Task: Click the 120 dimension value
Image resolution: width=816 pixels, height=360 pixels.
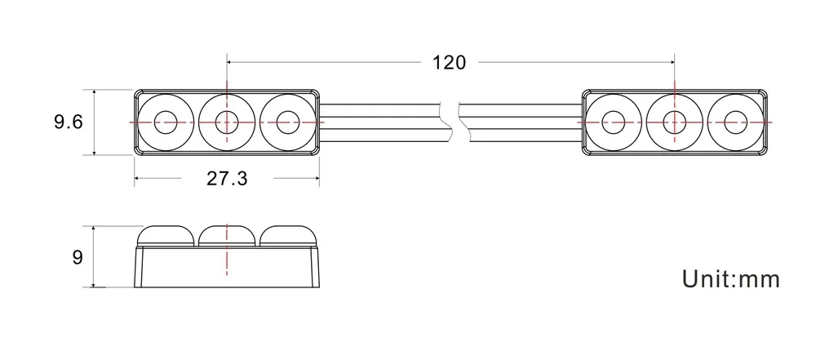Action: pos(450,62)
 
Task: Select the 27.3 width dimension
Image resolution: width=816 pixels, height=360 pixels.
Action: pos(226,179)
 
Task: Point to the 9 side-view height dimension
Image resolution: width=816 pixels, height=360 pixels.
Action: pos(78,258)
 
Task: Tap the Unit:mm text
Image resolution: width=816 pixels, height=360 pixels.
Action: pos(731,279)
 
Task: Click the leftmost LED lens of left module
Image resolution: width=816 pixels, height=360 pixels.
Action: pos(166,122)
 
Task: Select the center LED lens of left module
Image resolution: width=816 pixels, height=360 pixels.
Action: pos(226,122)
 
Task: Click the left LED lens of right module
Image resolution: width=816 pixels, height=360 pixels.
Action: pos(614,122)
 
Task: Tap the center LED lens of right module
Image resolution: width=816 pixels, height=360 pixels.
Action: pos(674,122)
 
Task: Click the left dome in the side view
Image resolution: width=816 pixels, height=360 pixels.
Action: pos(166,236)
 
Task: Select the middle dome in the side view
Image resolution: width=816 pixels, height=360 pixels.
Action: pos(227,236)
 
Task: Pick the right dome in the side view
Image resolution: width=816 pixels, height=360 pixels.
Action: pos(287,236)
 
